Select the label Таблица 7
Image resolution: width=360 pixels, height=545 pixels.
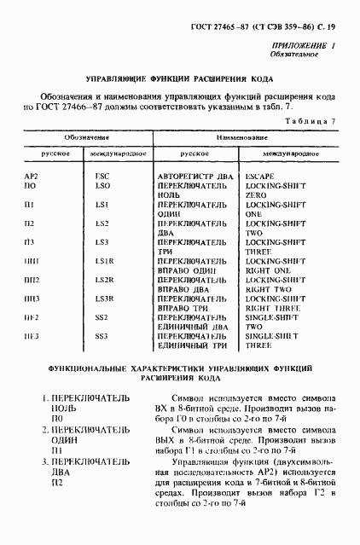[x=311, y=122]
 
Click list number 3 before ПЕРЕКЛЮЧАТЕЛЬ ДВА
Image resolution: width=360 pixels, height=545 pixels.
[x=46, y=461]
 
